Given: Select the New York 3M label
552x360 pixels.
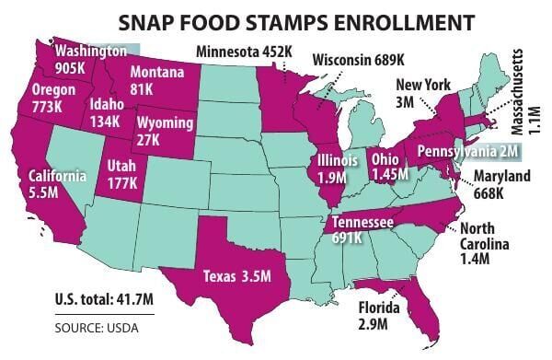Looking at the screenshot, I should pos(422,93).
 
